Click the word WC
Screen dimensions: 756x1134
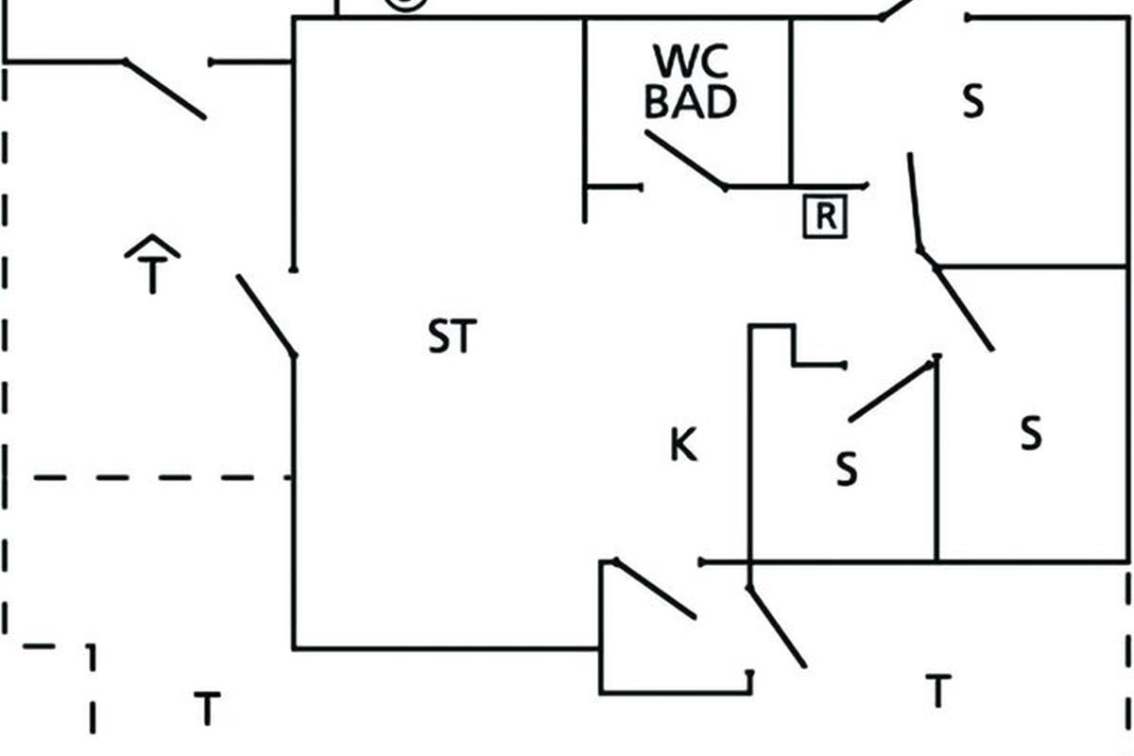click(x=690, y=62)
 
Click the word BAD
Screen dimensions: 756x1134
click(x=690, y=101)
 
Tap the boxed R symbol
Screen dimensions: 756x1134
click(x=825, y=217)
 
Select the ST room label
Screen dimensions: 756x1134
click(x=453, y=337)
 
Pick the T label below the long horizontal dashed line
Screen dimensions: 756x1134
click(x=207, y=708)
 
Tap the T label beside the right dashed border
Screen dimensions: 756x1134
click(x=936, y=691)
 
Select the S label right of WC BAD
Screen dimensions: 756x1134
click(x=972, y=101)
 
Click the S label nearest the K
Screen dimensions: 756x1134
click(x=847, y=469)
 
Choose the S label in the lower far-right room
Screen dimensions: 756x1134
click(x=1031, y=434)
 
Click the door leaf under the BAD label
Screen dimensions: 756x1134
click(x=686, y=160)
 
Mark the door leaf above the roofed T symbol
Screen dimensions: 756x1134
click(x=165, y=90)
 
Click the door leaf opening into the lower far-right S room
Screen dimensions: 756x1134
click(x=964, y=309)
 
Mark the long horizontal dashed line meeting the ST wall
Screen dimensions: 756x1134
click(x=161, y=478)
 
